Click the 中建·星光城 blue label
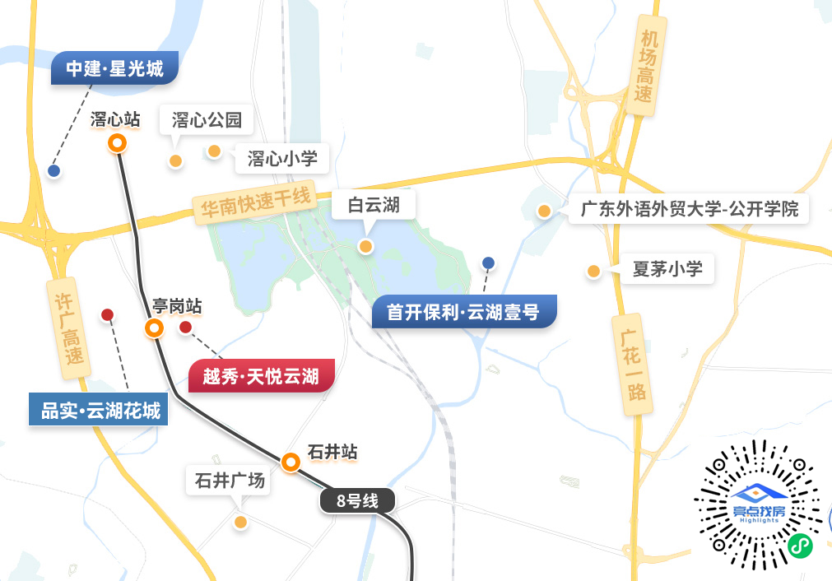click(x=114, y=69)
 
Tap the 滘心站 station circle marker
click(x=118, y=144)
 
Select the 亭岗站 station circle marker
click(x=154, y=329)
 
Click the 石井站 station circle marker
click(x=290, y=462)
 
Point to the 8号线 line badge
click(x=357, y=500)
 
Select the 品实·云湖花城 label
click(x=99, y=409)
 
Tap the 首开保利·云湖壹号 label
click(x=463, y=313)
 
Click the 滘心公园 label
click(x=207, y=121)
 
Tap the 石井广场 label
click(x=230, y=481)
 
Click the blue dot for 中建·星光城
click(x=54, y=171)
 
